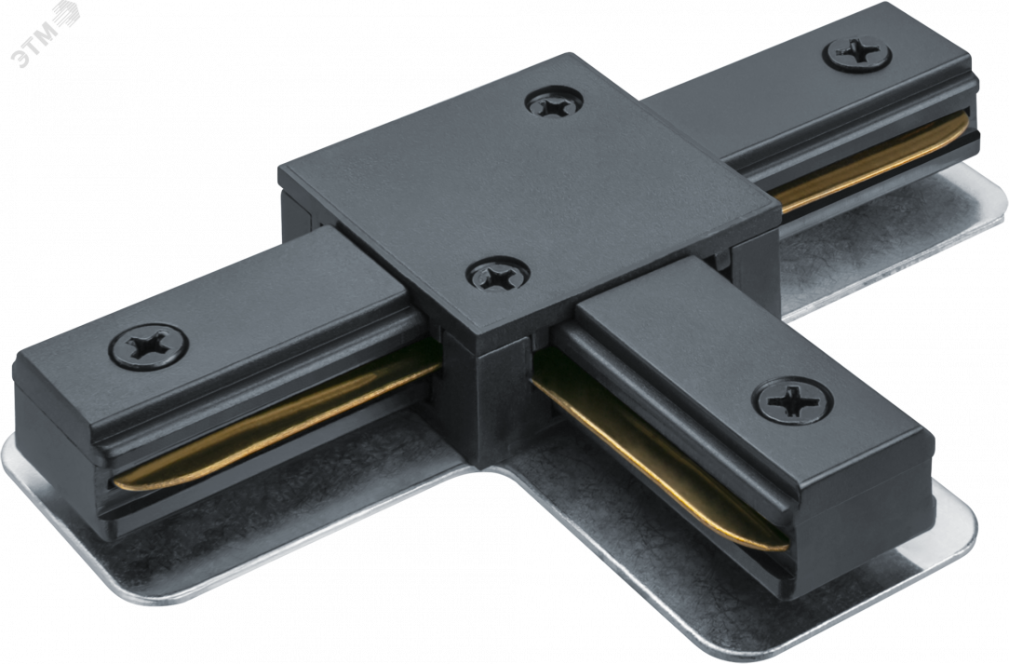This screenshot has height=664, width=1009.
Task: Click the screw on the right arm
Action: point(856,53)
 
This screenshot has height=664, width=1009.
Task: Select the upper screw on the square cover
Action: point(554,102)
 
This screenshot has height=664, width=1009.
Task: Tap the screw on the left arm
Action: point(149,346)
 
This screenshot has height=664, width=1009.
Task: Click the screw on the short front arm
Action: point(793,400)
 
